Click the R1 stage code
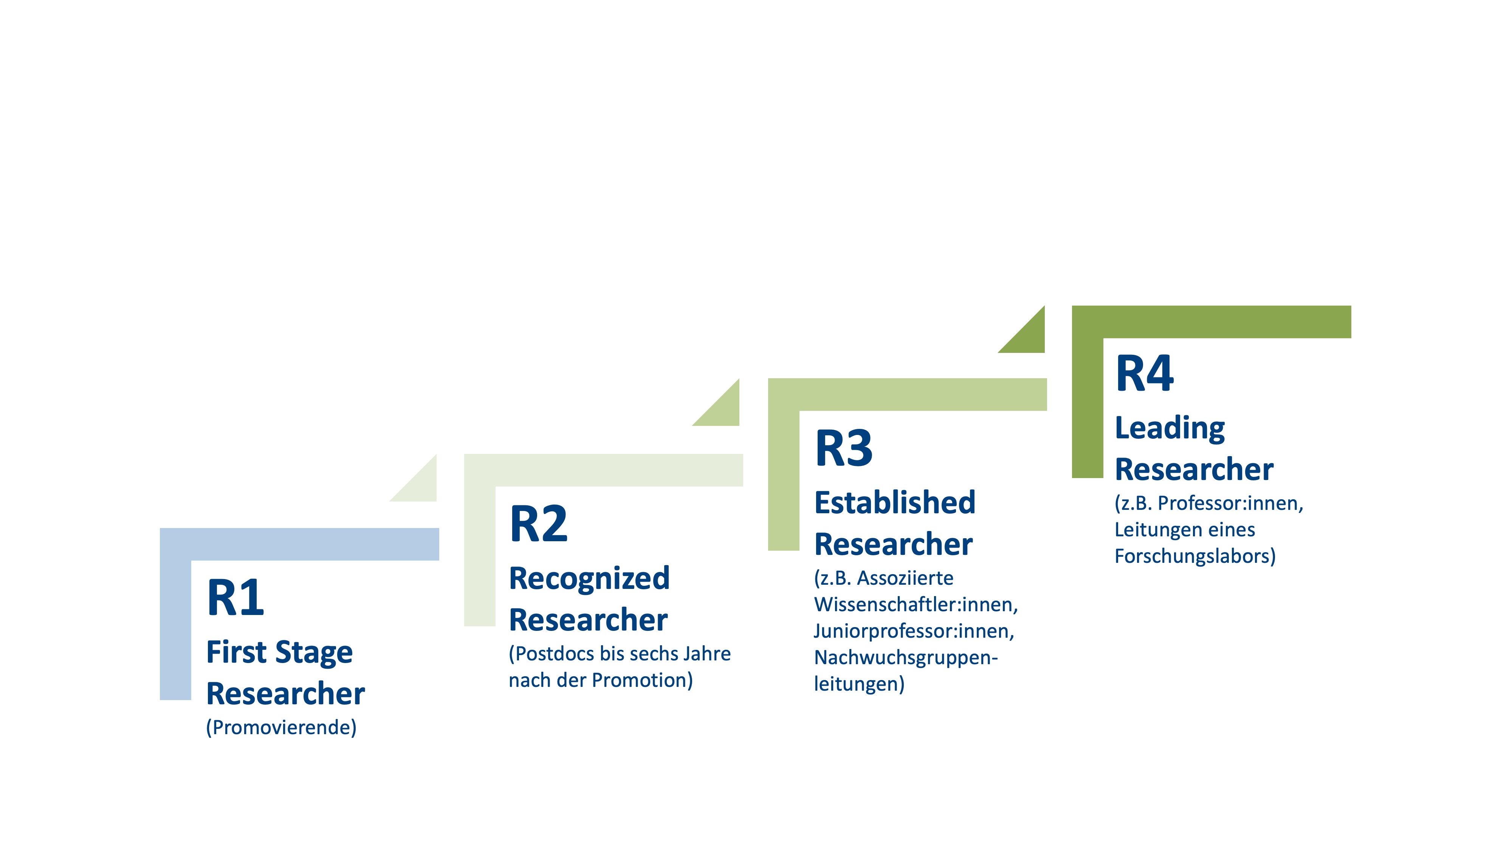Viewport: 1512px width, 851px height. coord(235,598)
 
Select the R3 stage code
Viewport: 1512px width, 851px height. coord(843,449)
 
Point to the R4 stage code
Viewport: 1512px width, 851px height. coord(1144,374)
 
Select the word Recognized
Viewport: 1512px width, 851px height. coord(589,579)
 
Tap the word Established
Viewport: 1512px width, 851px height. coord(894,503)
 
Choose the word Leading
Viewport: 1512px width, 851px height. coord(1169,428)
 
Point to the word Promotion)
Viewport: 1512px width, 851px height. coord(642,680)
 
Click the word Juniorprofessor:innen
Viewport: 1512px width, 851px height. coord(913,631)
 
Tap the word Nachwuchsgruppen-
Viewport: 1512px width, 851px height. coord(906,658)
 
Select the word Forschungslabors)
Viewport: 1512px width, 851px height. coord(1194,556)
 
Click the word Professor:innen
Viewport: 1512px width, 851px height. coord(1230,503)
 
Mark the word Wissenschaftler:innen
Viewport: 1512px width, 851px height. coord(915,605)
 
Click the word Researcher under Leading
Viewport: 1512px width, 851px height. coord(1193,470)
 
